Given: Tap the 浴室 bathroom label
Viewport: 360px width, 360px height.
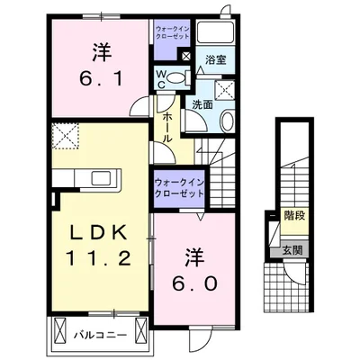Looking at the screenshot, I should coord(215,60).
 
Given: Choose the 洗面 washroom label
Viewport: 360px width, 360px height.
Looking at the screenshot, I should coord(201,103).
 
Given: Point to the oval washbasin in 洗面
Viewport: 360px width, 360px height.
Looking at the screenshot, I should coord(226,122).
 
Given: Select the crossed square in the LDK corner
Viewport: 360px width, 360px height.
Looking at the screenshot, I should coord(64,137).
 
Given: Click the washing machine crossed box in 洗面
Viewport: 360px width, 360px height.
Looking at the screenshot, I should coord(225,89).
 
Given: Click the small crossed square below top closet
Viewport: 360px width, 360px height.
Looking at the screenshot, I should coord(184,56).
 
